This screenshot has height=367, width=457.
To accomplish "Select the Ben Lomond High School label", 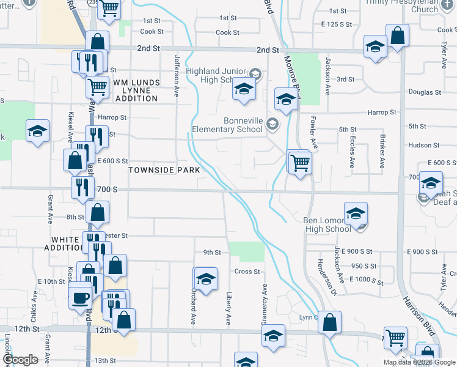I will coord(327,224).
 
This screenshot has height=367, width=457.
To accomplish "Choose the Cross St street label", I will coord(247,272).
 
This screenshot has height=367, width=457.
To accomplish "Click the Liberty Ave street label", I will coord(228,308).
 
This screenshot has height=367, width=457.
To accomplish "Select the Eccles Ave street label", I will coord(352,155).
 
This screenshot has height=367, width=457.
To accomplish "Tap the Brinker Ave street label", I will coord(382,155).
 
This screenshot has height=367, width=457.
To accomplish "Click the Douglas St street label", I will coord(425,92).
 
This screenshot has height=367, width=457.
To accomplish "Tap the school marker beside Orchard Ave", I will coord(206,279).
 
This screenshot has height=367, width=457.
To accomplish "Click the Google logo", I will coord(21,360).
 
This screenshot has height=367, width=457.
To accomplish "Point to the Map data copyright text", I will coord(419,362).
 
